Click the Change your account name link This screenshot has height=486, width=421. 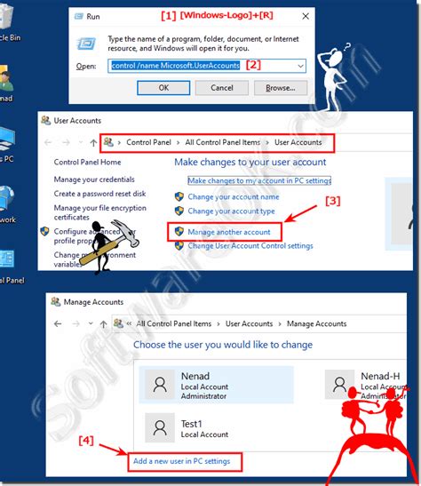[233, 196]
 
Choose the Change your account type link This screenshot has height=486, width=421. [231, 211]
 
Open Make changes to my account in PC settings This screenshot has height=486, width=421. [257, 179]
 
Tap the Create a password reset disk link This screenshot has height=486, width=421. [99, 193]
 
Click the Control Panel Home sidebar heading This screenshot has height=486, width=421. [87, 163]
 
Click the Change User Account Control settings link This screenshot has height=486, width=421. [250, 245]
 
